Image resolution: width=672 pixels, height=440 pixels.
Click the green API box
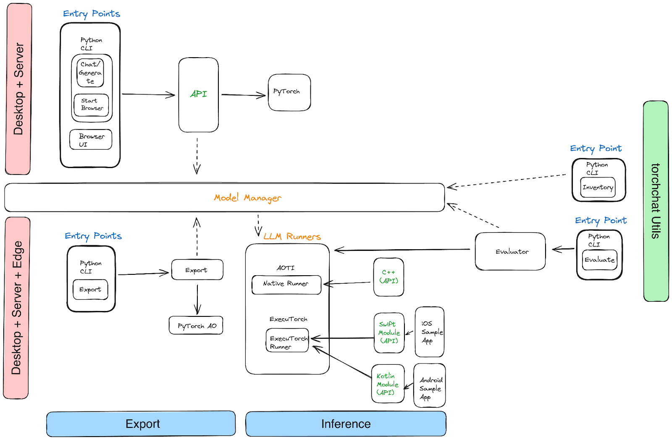[x=198, y=95]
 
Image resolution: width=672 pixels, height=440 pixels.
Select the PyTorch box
[x=289, y=92]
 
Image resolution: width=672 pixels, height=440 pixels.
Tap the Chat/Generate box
[x=90, y=73]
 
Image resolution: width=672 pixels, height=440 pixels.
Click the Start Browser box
[x=91, y=105]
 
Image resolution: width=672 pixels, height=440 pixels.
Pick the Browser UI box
[x=91, y=140]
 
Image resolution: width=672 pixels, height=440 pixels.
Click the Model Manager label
[x=247, y=198]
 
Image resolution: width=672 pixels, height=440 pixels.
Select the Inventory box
[x=598, y=187]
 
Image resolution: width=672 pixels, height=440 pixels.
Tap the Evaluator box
[x=510, y=251]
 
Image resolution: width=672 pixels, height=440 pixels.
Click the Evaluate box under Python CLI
[x=599, y=260]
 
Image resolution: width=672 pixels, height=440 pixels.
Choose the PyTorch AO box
[x=196, y=326]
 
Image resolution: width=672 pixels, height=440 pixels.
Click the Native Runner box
[x=286, y=285]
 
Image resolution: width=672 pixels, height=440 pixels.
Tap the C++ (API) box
[x=388, y=277]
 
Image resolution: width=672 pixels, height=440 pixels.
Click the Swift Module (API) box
[x=389, y=333]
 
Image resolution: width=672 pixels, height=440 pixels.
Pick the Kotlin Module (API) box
[x=388, y=384]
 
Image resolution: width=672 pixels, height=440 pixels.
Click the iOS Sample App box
[x=430, y=332]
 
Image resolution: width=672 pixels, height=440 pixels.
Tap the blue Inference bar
[x=346, y=424]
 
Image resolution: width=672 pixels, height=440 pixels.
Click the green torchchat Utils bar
[x=656, y=201]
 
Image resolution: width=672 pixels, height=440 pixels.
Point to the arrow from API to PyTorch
[x=243, y=95]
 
